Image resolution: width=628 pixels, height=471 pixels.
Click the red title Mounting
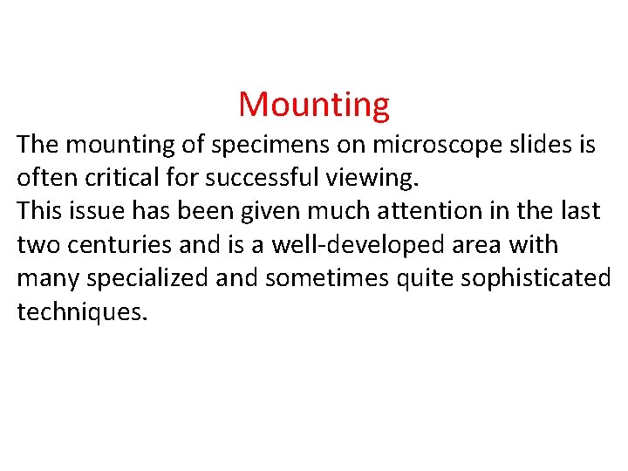(314, 105)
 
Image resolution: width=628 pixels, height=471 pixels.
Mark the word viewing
(379, 179)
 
